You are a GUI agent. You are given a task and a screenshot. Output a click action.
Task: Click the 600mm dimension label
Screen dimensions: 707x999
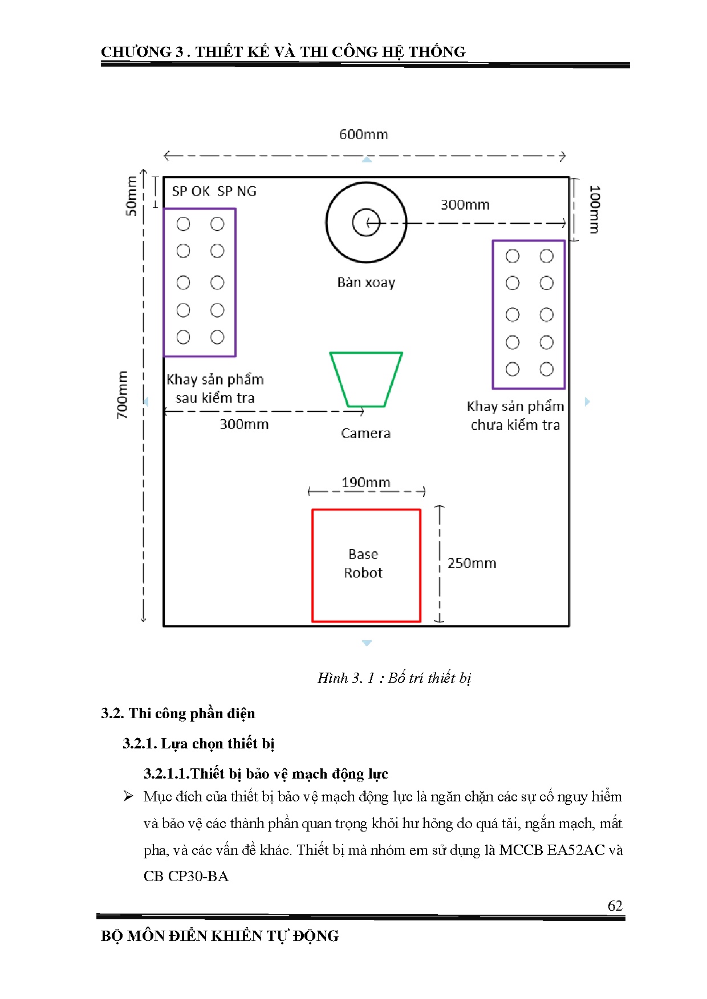pyautogui.click(x=363, y=134)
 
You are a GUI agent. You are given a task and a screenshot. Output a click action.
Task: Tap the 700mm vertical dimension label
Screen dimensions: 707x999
pyautogui.click(x=123, y=395)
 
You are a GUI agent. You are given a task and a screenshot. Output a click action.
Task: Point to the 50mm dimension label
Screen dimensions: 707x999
pyautogui.click(x=131, y=196)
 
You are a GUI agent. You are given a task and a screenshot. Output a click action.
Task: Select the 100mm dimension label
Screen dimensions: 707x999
pyautogui.click(x=594, y=209)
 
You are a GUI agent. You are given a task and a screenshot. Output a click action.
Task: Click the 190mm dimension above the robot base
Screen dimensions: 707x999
pyautogui.click(x=365, y=482)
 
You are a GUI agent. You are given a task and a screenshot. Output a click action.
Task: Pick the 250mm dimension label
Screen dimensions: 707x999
pyautogui.click(x=472, y=563)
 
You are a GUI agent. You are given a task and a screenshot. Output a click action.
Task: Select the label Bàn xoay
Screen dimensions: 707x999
pyautogui.click(x=366, y=282)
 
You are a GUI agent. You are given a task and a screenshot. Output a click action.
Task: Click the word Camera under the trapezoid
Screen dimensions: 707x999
pyautogui.click(x=365, y=433)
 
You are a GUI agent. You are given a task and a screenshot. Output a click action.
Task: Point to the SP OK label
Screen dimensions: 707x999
pyautogui.click(x=191, y=191)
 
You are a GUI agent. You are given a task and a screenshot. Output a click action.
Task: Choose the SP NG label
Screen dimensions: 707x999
pyautogui.click(x=237, y=191)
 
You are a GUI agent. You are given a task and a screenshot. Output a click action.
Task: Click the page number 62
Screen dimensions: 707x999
pyautogui.click(x=615, y=906)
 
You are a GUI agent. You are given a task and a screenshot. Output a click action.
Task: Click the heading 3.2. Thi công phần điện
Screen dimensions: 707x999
pyautogui.click(x=178, y=714)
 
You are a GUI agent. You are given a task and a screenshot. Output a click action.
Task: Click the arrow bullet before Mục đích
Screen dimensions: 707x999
pyautogui.click(x=128, y=796)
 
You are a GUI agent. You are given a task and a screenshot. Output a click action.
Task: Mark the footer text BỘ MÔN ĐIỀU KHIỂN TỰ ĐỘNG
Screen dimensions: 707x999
pyautogui.click(x=220, y=936)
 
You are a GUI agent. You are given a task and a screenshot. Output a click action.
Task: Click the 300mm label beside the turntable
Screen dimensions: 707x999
pyautogui.click(x=465, y=205)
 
